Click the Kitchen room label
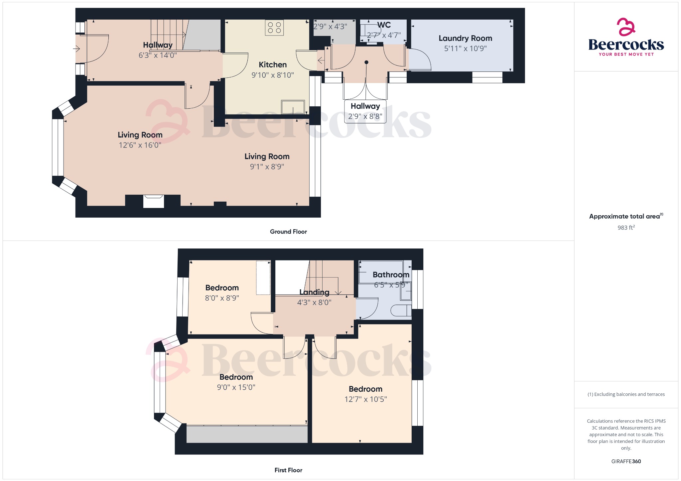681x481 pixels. (x=273, y=65)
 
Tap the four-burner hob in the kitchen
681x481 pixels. (x=274, y=28)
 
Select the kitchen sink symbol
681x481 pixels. (x=293, y=107)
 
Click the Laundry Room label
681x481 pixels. (x=465, y=39)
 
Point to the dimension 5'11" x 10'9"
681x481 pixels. (x=465, y=49)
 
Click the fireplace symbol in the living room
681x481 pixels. (x=154, y=201)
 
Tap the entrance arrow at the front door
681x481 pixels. (x=76, y=49)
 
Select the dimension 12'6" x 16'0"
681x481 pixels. (x=140, y=145)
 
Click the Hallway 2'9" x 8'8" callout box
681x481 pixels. (x=365, y=111)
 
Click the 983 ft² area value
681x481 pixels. (x=626, y=228)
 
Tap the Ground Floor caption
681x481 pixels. (x=288, y=232)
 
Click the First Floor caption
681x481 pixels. (x=288, y=470)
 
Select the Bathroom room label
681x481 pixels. (x=391, y=275)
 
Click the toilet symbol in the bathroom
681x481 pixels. (x=401, y=311)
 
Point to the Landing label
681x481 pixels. (x=314, y=292)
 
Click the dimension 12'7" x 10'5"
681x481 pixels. (x=365, y=399)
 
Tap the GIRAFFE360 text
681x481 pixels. (x=626, y=461)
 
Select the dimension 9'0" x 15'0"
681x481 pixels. (x=236, y=387)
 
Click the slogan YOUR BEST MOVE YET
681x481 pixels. (x=626, y=54)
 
